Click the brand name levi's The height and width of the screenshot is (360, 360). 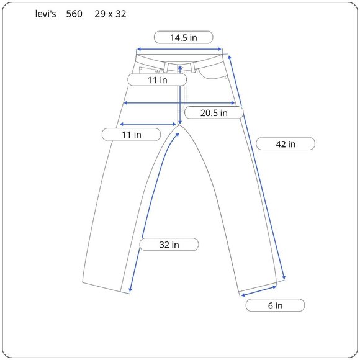pos(45,14)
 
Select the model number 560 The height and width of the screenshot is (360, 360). pos(74,14)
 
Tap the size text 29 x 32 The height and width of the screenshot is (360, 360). pos(110,14)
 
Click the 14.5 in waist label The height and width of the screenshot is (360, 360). pos(184,37)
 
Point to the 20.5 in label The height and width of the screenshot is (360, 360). pos(214,113)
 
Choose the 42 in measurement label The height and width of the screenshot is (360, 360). pos(286,144)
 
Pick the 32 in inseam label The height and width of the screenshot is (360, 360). pos(169,245)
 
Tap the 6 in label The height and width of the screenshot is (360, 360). pos(275,305)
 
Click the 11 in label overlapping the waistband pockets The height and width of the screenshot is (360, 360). pos(157,80)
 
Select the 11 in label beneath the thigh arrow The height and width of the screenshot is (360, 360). pos(132,135)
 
